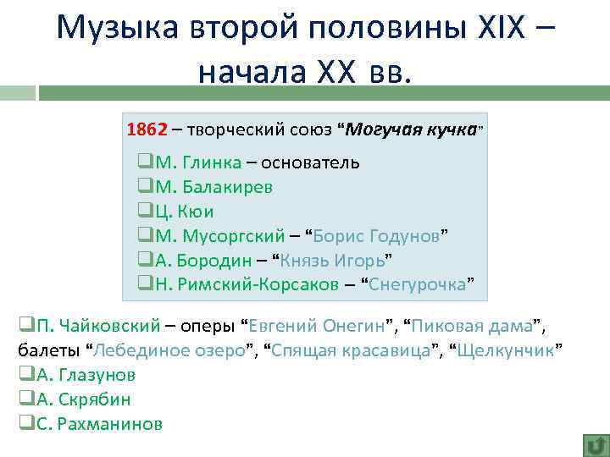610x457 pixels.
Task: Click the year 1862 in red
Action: pyautogui.click(x=147, y=129)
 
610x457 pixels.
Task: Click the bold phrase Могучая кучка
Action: pyautogui.click(x=412, y=129)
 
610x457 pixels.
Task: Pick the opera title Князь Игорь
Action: pyautogui.click(x=333, y=260)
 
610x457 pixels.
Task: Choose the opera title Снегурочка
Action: pyautogui.click(x=419, y=284)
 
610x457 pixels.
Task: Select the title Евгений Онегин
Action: pyautogui.click(x=318, y=325)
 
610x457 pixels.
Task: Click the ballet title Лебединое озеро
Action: pyautogui.click(x=174, y=350)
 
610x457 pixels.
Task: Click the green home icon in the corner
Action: pyautogui.click(x=595, y=445)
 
